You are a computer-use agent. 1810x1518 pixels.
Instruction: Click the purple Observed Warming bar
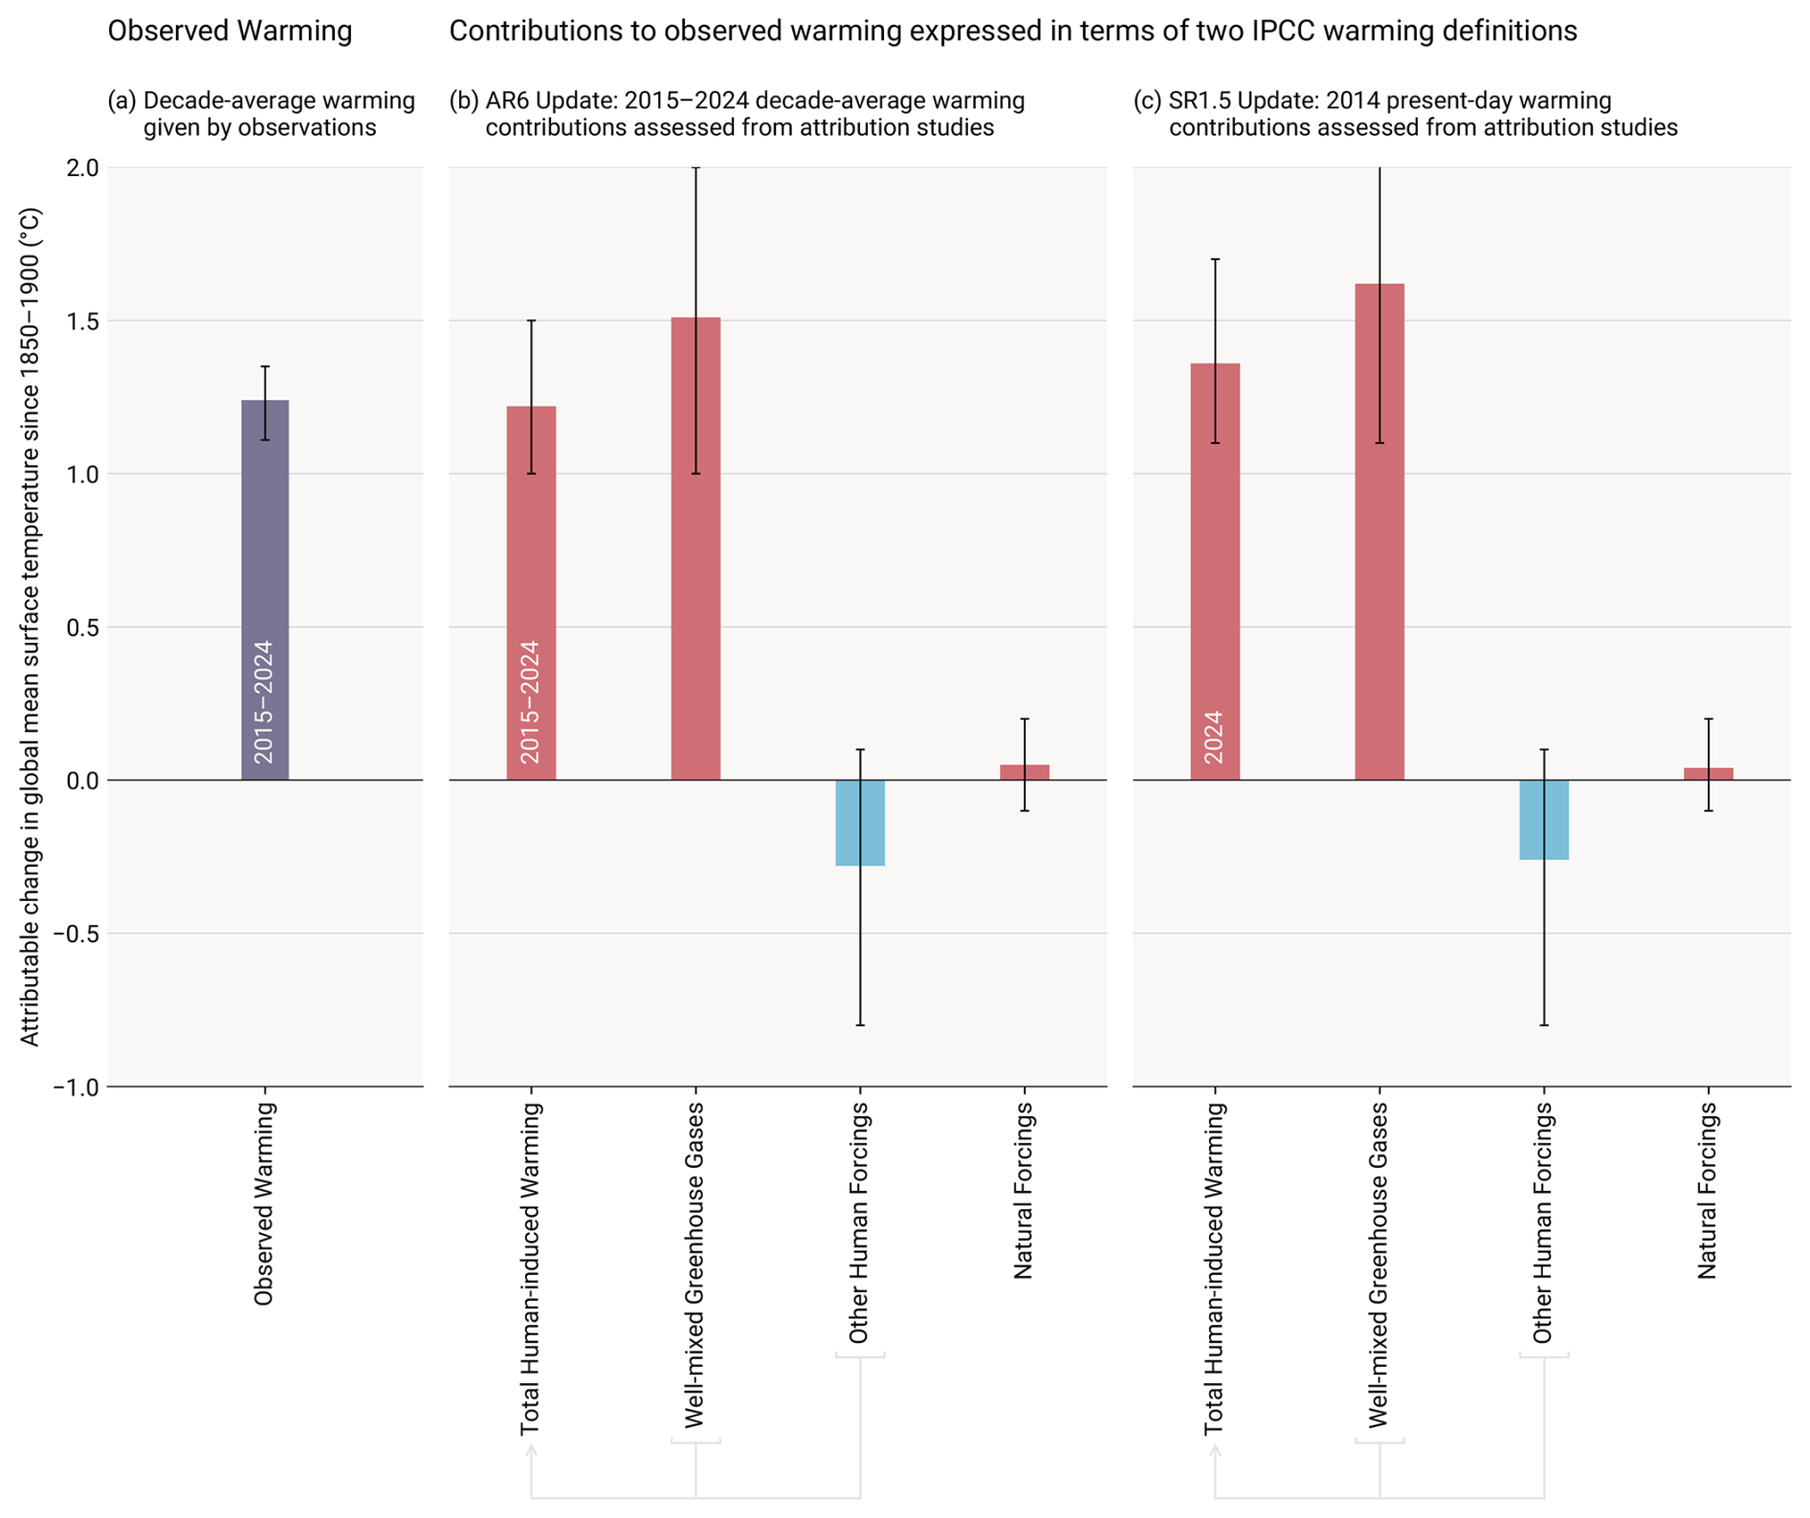click(x=265, y=536)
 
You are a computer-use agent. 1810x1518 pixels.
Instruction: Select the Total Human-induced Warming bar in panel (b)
click(x=531, y=574)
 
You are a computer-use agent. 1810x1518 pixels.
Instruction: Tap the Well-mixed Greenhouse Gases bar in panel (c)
click(x=1380, y=574)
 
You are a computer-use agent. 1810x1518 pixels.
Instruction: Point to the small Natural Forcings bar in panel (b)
click(x=1025, y=772)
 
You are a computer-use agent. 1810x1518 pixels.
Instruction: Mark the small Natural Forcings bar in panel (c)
click(x=1709, y=774)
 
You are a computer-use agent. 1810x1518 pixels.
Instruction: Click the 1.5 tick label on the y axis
click(x=83, y=321)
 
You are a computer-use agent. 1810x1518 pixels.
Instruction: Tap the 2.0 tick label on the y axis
click(x=83, y=168)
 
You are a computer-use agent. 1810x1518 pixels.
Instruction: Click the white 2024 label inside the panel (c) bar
click(x=1214, y=737)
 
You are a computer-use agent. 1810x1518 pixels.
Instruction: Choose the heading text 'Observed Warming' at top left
click(x=230, y=32)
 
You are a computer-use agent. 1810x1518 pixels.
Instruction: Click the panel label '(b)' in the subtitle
click(x=464, y=101)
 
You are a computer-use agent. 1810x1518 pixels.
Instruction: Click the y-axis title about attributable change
click(x=30, y=627)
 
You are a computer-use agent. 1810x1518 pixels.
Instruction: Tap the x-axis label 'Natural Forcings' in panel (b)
click(x=1024, y=1190)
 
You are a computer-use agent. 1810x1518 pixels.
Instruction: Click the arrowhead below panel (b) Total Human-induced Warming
click(x=531, y=1450)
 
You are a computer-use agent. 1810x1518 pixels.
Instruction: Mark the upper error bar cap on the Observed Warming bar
click(x=265, y=366)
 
